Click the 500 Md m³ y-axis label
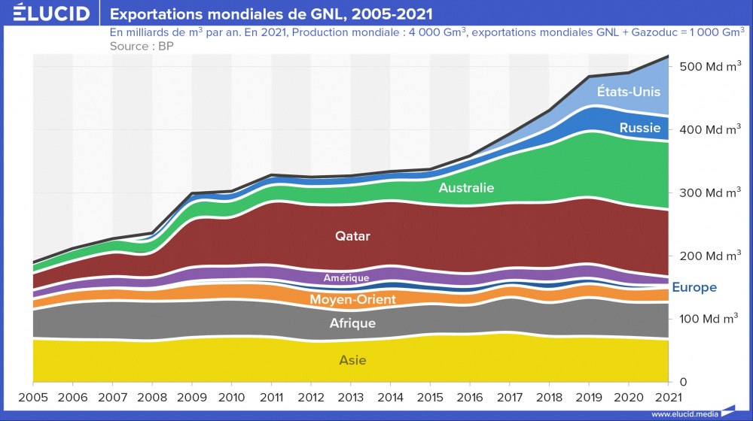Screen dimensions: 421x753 (x=709, y=67)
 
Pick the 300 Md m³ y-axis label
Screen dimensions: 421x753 (x=709, y=193)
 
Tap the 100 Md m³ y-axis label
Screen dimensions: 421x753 (x=709, y=320)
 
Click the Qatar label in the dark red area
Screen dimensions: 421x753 (x=352, y=236)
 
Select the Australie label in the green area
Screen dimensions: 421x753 (x=466, y=188)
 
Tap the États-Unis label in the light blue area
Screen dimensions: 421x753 (x=628, y=92)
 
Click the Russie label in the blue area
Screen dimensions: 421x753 (x=640, y=129)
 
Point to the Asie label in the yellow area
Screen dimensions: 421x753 (x=352, y=360)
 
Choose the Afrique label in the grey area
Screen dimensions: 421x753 (x=352, y=324)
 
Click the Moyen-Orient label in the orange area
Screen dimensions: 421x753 (x=352, y=299)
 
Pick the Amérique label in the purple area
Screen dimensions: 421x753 (x=346, y=278)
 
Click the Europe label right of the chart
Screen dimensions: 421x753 (x=694, y=287)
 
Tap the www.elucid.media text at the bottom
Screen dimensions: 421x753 (x=683, y=414)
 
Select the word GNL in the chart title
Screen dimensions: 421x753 (x=319, y=14)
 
